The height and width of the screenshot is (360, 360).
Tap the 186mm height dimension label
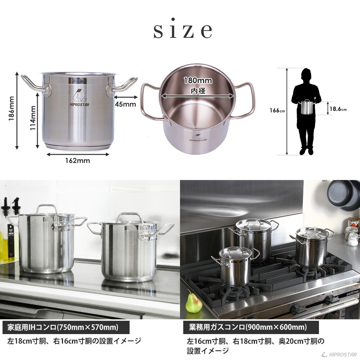(x=12, y=108)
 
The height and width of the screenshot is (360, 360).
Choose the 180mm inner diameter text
(x=198, y=81)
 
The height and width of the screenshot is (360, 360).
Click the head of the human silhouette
(x=306, y=75)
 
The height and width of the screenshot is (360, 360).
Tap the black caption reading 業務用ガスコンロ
(x=248, y=328)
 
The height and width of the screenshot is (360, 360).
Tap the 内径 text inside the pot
(x=198, y=91)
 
